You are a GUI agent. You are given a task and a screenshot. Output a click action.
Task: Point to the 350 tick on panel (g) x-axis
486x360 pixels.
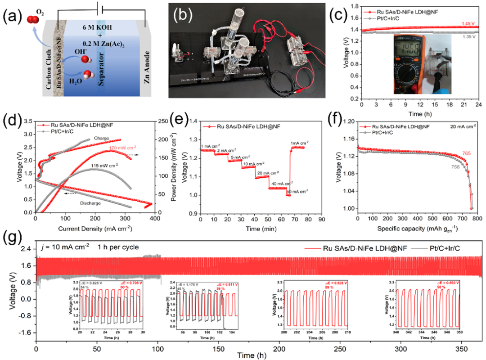click(461, 350)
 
